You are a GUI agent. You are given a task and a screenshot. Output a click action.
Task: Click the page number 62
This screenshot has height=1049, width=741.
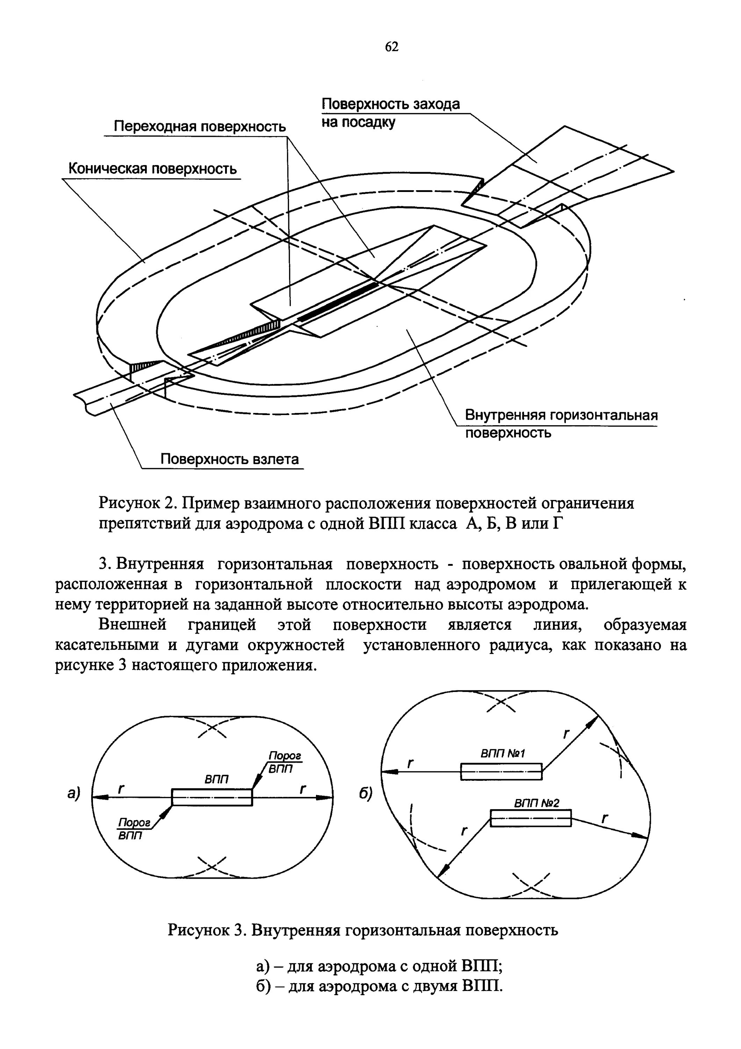coord(392,47)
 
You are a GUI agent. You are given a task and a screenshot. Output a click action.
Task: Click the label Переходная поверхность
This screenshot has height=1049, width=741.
coord(200,126)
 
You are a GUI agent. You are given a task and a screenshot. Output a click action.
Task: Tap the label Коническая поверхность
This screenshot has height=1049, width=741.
coord(152,169)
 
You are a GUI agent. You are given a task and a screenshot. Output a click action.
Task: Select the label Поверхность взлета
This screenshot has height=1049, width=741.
coord(230,459)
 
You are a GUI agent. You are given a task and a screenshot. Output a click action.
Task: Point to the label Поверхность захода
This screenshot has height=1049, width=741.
coord(390,104)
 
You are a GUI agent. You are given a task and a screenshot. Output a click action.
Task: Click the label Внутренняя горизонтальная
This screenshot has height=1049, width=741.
coord(561,415)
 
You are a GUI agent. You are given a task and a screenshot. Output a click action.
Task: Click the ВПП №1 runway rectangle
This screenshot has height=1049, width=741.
coord(501,772)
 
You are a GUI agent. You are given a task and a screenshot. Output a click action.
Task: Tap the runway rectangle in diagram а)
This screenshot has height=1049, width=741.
coord(212,797)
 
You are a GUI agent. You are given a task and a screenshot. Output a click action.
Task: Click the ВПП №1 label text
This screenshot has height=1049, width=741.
coord(503,753)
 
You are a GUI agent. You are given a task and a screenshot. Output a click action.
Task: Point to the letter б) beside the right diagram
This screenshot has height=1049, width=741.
coord(365,794)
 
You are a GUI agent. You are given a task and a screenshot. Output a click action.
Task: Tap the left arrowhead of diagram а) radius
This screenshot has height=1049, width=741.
coord(98,797)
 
